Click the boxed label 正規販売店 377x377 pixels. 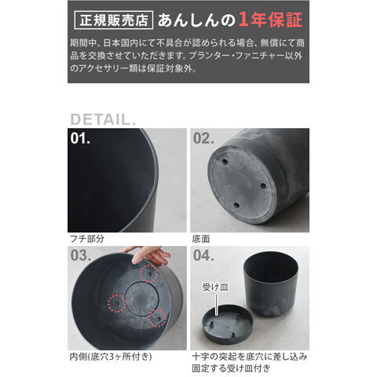point(114,20)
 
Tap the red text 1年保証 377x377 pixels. point(270,20)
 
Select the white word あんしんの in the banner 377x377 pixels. point(196,20)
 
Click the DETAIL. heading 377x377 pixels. point(103,119)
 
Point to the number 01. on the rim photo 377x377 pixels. point(80,138)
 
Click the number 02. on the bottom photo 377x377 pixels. point(203,138)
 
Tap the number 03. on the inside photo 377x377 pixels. point(81,255)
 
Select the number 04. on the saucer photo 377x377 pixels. point(203,255)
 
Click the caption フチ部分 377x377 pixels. point(87,239)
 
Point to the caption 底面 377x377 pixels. point(201,239)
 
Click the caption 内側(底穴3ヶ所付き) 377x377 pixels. point(111,357)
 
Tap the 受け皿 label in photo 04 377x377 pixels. point(215,287)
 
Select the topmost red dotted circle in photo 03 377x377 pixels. point(148,273)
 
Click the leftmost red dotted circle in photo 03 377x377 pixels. point(117,304)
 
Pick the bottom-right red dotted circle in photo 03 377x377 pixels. point(157,318)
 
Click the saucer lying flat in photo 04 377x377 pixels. point(227,324)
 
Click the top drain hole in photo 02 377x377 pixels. point(225,162)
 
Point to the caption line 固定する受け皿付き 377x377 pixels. point(231,368)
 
